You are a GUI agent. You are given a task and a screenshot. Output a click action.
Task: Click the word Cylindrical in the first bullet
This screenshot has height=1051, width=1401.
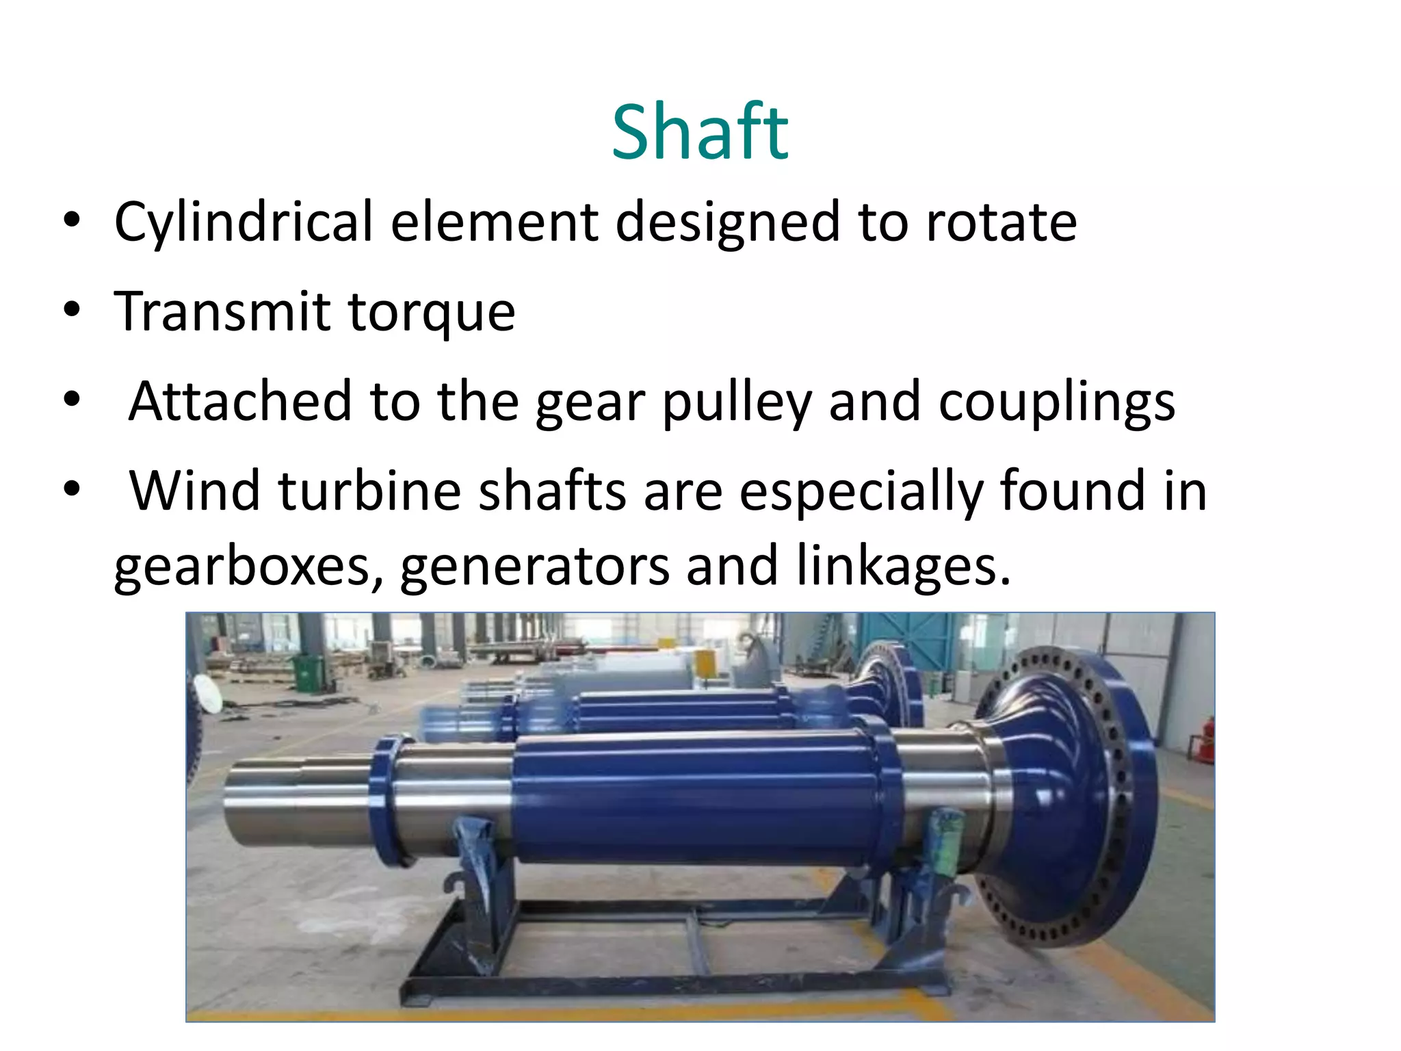(244, 222)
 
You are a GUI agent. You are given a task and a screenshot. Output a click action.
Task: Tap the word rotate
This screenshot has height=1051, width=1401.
(1001, 222)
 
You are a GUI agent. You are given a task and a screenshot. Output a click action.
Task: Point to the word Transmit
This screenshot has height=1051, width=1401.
(222, 312)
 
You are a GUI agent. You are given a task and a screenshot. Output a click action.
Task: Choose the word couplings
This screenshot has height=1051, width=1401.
(1056, 402)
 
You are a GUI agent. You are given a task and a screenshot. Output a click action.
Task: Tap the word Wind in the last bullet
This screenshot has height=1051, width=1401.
(194, 491)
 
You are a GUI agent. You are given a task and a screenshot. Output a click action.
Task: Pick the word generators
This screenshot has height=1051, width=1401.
(534, 567)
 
